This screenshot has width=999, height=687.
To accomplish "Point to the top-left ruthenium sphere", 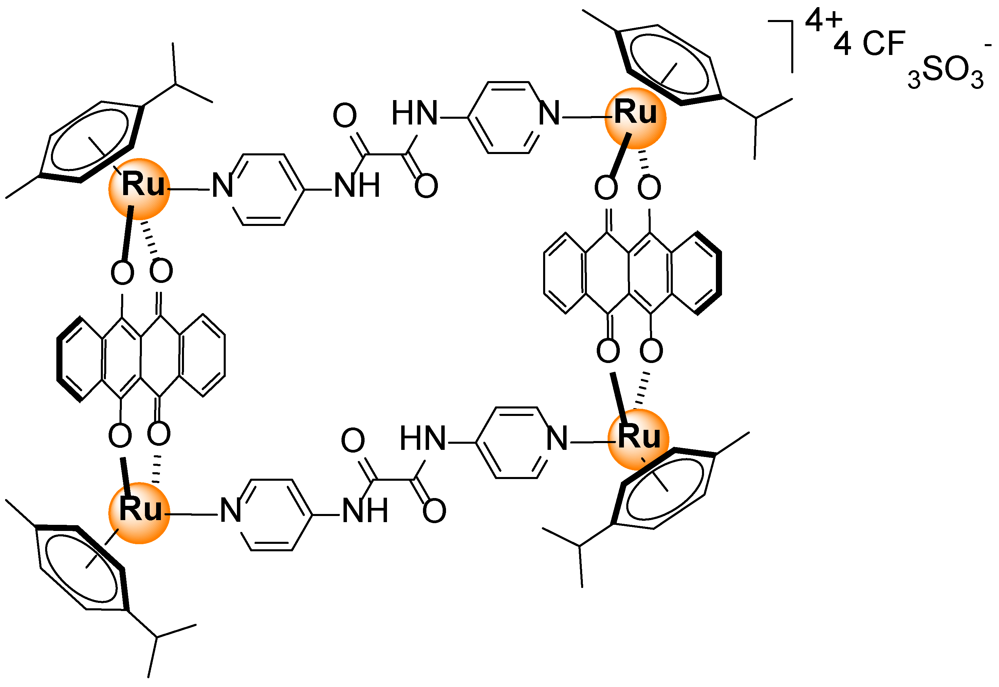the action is [x=139, y=189].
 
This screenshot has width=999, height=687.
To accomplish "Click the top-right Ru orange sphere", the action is [x=635, y=118].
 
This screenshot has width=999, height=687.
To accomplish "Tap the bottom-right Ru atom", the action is [x=638, y=439].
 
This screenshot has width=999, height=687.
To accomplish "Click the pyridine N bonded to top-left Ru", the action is [x=223, y=186].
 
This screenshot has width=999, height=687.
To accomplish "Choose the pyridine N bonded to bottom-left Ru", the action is [x=230, y=511].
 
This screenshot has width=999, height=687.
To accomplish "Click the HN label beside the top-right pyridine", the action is [x=414, y=113].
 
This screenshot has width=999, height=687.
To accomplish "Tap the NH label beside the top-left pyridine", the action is [x=357, y=186].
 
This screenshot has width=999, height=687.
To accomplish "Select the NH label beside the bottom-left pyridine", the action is [x=365, y=511].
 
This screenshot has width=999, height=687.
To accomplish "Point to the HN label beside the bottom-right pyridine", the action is [x=422, y=439].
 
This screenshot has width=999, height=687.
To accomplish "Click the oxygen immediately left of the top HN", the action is [x=345, y=115].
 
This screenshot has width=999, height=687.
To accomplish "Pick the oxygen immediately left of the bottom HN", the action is [x=353, y=440].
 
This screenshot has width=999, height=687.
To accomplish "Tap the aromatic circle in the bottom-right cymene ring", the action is [x=665, y=489].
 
